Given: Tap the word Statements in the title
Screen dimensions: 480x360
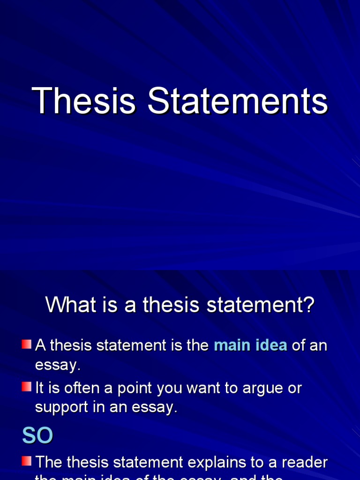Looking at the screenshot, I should click(238, 101).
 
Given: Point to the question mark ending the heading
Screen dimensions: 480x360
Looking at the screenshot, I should click(308, 306).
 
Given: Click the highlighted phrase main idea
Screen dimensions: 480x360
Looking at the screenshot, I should click(250, 345).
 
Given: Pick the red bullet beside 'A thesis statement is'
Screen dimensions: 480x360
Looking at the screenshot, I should click(26, 345).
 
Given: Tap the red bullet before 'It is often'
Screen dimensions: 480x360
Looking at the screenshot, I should click(26, 387).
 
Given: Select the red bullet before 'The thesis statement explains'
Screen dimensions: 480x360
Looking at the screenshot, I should click(26, 461).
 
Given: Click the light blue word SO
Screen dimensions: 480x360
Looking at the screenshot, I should click(37, 436).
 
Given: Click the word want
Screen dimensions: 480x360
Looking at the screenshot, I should click(195, 388).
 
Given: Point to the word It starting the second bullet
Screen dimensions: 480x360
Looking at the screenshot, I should click(40, 388).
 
